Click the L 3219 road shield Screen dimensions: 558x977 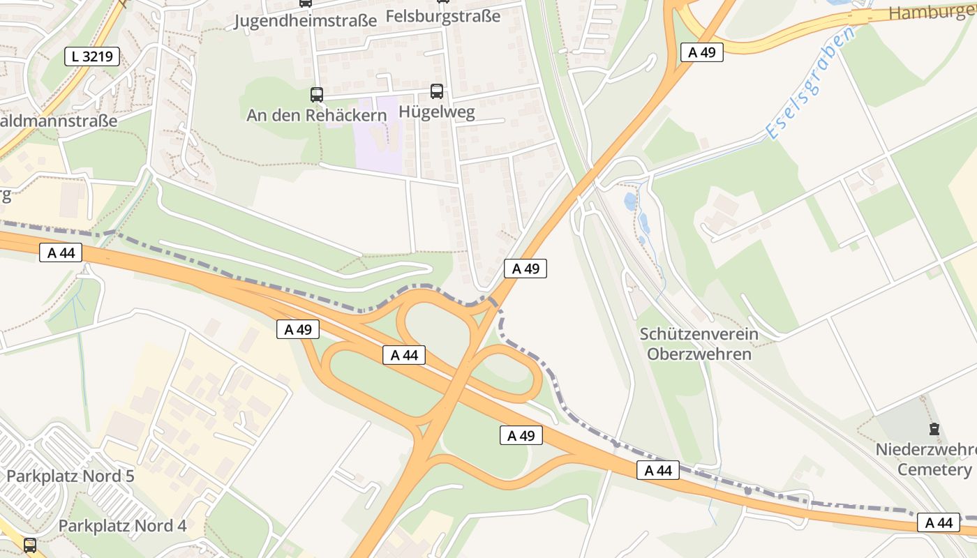(x=93, y=56)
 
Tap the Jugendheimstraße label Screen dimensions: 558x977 (x=305, y=20)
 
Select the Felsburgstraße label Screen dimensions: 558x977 (x=443, y=15)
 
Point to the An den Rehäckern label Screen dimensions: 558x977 (x=316, y=115)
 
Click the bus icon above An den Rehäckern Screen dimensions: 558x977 (x=316, y=94)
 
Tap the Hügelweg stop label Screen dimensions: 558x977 (x=437, y=112)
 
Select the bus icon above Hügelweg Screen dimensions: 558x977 (x=437, y=91)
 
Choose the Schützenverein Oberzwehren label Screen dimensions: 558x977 (x=699, y=344)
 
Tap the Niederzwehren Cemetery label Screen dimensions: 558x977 (x=925, y=459)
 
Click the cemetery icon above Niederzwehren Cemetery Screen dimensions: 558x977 (x=934, y=429)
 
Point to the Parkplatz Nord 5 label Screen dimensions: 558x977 (x=70, y=476)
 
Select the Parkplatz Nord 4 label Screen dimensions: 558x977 (x=122, y=525)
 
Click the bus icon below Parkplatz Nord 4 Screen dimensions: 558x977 (x=29, y=545)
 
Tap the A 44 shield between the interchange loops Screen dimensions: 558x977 (x=404, y=355)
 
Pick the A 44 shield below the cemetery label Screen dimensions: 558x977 (x=938, y=522)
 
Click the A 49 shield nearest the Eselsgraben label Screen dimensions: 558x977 (x=701, y=52)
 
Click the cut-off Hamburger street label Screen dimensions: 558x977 (x=932, y=13)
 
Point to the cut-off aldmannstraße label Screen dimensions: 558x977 (x=59, y=120)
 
